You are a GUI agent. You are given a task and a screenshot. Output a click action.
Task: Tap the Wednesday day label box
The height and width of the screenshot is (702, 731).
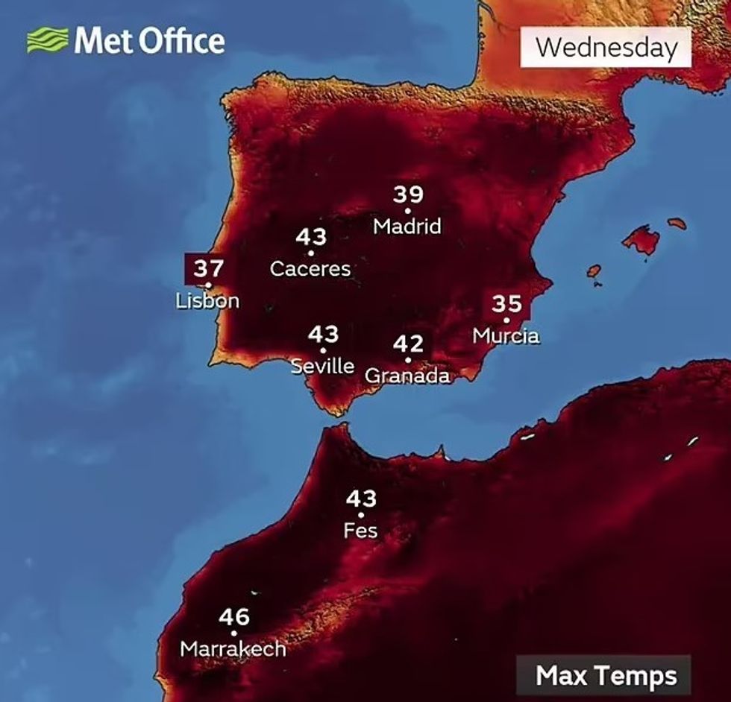pos(606,48)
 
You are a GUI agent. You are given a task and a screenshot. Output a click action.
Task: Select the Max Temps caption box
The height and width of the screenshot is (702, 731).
pos(606,676)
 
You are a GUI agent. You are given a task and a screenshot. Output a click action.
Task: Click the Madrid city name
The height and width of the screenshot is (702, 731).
pos(407,225)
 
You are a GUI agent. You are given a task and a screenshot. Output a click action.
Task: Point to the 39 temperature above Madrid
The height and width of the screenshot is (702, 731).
pos(408,195)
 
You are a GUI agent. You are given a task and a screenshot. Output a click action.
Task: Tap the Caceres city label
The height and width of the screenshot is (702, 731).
pos(310,268)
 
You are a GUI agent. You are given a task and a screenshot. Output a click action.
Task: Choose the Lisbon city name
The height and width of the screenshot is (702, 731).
pos(207,301)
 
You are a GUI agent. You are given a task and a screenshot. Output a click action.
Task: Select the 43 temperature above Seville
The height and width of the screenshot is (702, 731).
pos(323,334)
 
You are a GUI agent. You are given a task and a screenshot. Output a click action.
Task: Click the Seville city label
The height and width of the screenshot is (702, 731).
pos(322,365)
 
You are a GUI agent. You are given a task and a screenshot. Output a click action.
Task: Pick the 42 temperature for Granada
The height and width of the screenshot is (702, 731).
pos(408,344)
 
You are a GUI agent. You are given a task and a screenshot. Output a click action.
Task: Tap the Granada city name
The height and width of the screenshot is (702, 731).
pos(407,376)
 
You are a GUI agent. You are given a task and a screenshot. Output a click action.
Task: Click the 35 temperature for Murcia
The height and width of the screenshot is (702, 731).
pos(506,304)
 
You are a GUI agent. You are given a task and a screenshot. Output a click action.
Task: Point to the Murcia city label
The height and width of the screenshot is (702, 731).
pos(506,336)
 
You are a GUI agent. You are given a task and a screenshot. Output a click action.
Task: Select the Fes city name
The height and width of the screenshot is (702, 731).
pos(360,531)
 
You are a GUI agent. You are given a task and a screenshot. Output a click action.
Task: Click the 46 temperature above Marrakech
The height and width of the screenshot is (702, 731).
pos(234,617)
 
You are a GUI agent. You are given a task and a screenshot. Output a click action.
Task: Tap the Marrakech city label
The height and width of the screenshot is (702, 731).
pos(233,649)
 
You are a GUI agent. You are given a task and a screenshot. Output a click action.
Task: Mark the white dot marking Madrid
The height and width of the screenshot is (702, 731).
pos(408,211)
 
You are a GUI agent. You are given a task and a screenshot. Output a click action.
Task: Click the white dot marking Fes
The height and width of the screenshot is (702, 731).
pos(361,515)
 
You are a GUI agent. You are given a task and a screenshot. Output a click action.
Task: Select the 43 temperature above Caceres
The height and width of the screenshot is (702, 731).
pos(311,237)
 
